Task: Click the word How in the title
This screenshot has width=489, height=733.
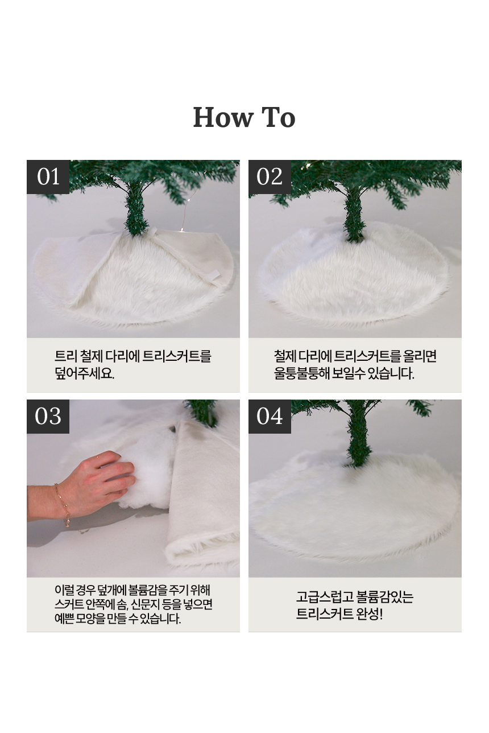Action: point(223,117)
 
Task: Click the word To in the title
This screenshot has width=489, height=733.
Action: point(279,117)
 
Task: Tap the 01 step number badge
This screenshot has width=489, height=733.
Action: point(48,176)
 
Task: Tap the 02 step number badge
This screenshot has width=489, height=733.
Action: point(270,176)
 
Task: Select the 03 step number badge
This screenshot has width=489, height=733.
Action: point(48,416)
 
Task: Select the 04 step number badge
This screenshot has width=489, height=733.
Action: point(270,416)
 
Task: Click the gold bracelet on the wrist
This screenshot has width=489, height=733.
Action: point(62,505)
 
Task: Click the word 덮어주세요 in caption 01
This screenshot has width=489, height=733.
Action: point(85,373)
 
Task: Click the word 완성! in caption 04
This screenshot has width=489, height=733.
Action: point(370,614)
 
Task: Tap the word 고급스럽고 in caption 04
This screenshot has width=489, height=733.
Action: point(325,597)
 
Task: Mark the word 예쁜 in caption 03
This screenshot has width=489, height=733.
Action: point(64,619)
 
